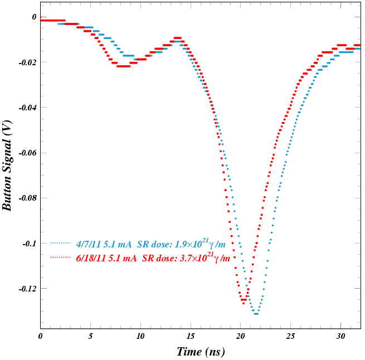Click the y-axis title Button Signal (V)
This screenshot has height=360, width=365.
[7, 166]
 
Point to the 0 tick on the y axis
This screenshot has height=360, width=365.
[34, 17]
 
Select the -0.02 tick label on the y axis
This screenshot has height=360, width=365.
[28, 62]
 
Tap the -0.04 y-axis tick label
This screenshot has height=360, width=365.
[28, 108]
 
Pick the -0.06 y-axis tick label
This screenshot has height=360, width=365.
[28, 153]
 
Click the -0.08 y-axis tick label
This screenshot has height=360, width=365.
[28, 198]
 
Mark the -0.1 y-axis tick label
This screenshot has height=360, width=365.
[30, 244]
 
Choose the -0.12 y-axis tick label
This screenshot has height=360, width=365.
[28, 289]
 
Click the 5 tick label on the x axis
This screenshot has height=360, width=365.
[90, 337]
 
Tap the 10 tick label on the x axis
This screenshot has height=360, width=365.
[140, 337]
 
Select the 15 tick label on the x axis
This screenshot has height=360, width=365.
[191, 337]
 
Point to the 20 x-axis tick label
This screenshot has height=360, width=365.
[241, 337]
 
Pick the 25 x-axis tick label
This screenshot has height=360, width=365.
[290, 337]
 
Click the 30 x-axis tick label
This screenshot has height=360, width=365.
[340, 337]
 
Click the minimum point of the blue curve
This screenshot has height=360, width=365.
[256, 314]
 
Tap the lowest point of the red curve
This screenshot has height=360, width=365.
[244, 303]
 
